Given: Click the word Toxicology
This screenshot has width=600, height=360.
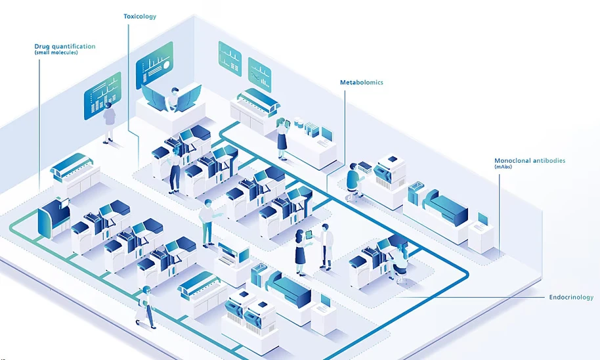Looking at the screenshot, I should click(140, 16).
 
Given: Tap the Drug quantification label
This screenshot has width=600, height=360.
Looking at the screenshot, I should click(64, 47).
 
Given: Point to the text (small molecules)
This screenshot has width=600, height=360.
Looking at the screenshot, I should click(56, 53).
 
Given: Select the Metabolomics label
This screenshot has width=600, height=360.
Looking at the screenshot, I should click(361, 83).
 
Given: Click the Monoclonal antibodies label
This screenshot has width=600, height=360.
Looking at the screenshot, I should click(529, 160).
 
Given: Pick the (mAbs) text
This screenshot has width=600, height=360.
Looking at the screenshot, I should click(504, 168).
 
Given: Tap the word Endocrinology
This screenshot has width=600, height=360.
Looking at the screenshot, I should click(570, 298).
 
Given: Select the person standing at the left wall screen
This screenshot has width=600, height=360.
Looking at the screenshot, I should click(109, 120).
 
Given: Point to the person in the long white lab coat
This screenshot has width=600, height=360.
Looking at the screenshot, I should click(326, 245).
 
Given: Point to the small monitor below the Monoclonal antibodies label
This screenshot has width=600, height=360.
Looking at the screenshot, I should click(482, 219).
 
